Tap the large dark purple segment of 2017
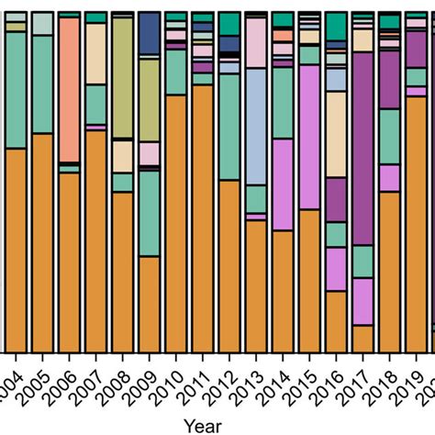[x=363, y=147]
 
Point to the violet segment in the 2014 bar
[x=283, y=184]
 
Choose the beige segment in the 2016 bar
[x=336, y=134]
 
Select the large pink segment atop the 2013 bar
[x=256, y=41]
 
